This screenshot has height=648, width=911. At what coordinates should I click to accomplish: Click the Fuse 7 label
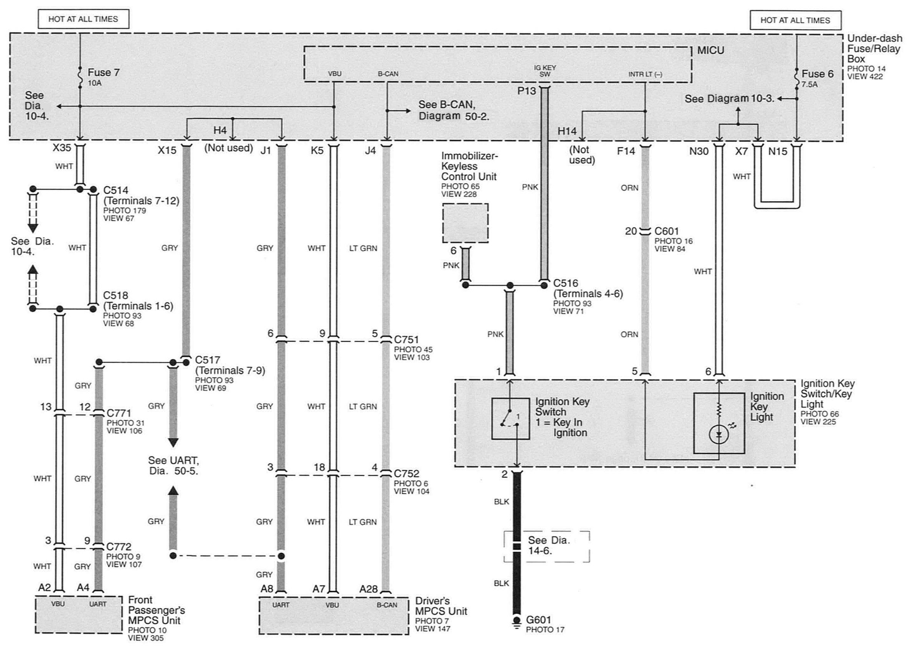[x=103, y=73]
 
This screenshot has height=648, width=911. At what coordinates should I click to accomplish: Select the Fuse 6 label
[x=817, y=74]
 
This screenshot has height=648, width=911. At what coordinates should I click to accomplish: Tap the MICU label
[x=710, y=51]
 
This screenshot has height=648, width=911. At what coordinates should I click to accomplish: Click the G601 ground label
[x=539, y=620]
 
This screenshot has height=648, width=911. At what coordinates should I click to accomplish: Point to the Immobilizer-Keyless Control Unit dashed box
[x=465, y=223]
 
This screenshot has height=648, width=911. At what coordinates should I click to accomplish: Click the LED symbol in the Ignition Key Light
[x=719, y=435]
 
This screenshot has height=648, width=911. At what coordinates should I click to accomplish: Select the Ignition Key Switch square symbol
[x=510, y=418]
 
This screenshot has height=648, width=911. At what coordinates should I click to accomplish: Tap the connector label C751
[x=406, y=340]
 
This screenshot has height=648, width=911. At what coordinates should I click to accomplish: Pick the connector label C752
[x=406, y=474]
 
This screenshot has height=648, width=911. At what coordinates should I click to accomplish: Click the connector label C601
[x=667, y=231]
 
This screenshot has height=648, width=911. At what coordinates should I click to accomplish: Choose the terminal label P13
[x=527, y=92]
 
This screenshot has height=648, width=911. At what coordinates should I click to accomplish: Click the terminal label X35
[x=62, y=148]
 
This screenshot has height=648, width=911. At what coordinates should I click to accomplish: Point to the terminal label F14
[x=625, y=151]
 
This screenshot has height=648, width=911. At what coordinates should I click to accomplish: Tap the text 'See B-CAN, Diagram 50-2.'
[x=454, y=110]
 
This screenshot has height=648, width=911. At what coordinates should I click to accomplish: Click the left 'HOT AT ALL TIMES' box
[x=83, y=19]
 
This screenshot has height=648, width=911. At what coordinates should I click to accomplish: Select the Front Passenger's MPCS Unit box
[x=78, y=615]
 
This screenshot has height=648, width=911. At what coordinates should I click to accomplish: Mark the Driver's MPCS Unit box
[x=334, y=615]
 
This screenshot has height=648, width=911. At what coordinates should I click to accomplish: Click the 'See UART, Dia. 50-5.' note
[x=173, y=466]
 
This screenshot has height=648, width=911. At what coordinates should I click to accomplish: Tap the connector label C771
[x=119, y=413]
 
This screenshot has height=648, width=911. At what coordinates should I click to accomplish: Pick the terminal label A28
[x=368, y=589]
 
